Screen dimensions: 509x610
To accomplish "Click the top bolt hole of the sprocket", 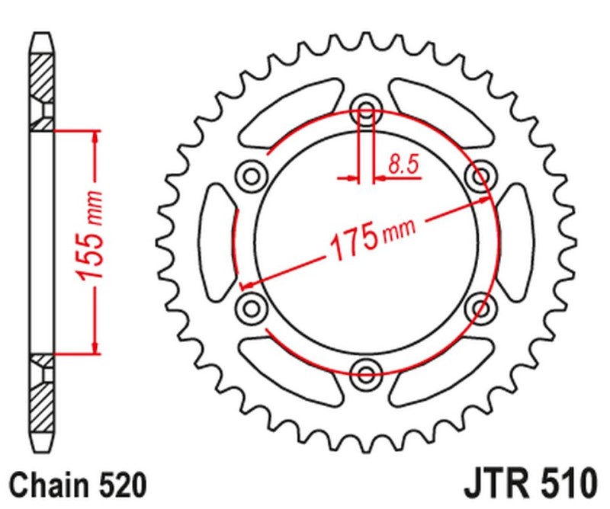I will click(367, 111).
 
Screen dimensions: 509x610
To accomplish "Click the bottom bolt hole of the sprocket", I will click(367, 373).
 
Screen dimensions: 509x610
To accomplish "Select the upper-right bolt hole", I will click(481, 177).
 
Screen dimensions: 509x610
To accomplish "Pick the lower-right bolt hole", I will click(481, 307).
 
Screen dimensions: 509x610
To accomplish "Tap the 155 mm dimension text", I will click(90, 243).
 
